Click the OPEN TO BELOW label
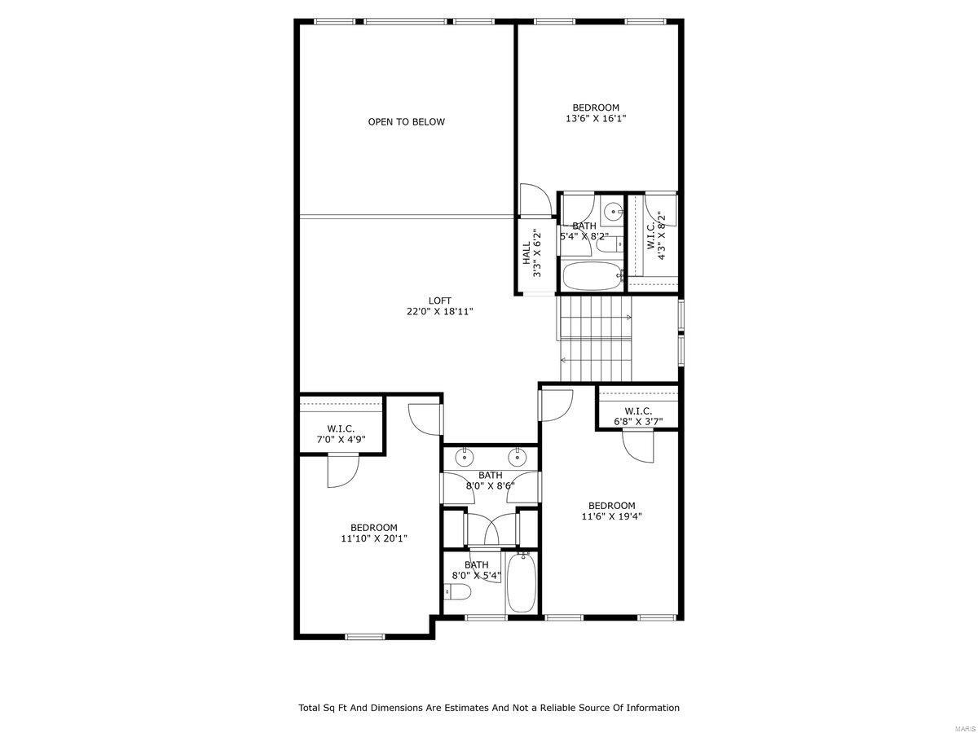point(406,122)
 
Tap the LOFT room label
point(440,301)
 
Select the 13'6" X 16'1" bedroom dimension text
point(596,119)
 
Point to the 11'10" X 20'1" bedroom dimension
point(374,538)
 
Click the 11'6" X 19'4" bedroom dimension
point(612,516)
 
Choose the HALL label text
point(526,252)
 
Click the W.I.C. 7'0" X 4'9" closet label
point(341,434)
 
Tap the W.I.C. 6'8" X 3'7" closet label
point(638,416)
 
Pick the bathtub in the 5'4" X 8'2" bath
point(588,277)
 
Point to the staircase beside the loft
point(595,338)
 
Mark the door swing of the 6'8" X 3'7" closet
point(639,446)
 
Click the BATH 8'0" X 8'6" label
point(490,481)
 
